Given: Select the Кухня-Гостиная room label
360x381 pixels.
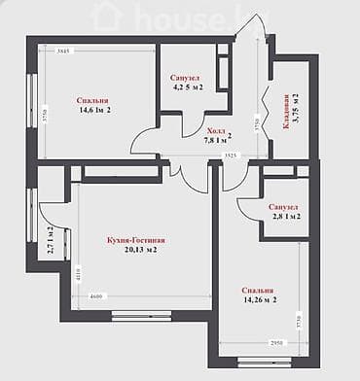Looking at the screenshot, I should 131,239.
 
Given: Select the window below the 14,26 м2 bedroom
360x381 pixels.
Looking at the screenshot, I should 265,362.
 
